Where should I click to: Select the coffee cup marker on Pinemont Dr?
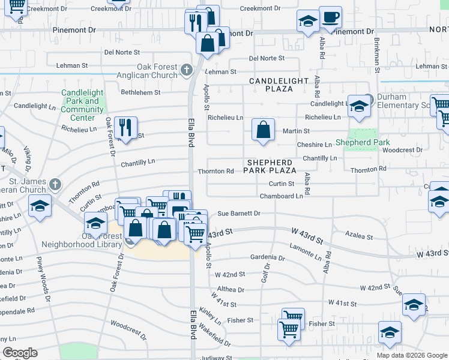(330, 17)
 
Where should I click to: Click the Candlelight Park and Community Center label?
(83, 105)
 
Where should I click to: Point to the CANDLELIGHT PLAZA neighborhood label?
(279, 84)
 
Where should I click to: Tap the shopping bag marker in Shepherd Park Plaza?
(263, 130)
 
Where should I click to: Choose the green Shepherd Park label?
(362, 142)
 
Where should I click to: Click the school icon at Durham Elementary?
(359, 106)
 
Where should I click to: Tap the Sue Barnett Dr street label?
(238, 213)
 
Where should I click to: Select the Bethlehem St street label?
(140, 92)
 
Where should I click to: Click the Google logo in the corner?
(20, 353)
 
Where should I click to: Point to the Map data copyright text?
(411, 355)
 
